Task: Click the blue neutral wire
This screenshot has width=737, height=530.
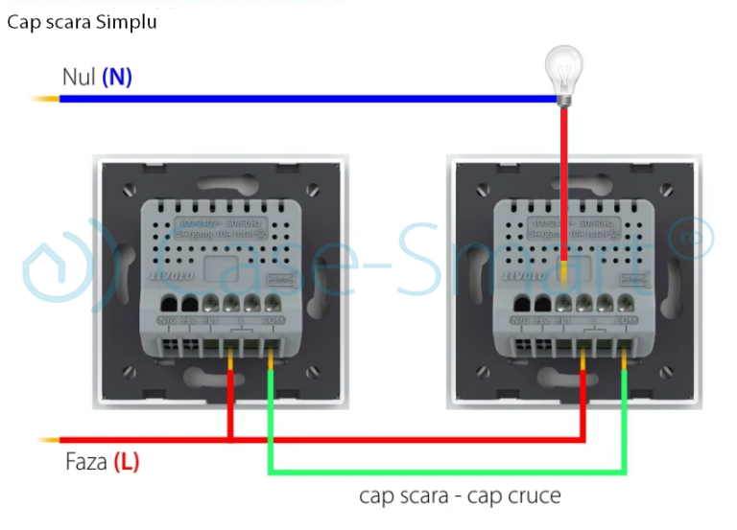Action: (288, 98)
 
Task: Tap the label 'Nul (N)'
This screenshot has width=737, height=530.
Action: (96, 77)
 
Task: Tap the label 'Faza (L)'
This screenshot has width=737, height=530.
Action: (102, 462)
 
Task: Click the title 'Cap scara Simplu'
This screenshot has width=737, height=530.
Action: (82, 22)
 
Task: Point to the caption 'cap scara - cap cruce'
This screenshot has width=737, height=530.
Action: (460, 495)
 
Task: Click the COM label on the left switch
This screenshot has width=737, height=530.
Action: (273, 320)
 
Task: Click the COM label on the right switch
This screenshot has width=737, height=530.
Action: (627, 320)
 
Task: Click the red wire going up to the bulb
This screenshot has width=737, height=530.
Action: (564, 182)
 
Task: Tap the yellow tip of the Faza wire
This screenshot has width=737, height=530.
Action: (47, 441)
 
